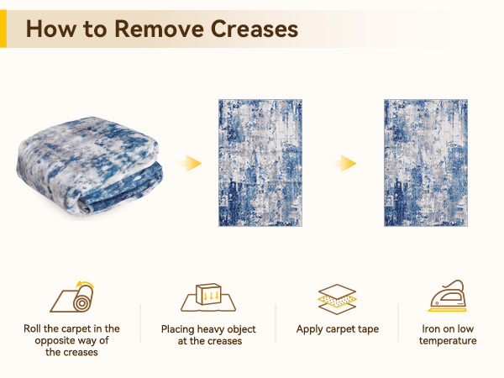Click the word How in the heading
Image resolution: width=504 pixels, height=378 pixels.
[52, 29]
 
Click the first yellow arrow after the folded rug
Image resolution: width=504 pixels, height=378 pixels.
[193, 162]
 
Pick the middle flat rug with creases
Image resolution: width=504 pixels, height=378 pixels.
[260, 162]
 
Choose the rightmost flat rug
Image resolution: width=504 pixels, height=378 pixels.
[426, 162]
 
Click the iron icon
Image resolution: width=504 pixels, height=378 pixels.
[448, 297]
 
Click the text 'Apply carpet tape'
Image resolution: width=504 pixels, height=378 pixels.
[338, 329]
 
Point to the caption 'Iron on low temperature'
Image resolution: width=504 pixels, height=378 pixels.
[448, 334]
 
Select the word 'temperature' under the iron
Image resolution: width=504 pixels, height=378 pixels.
[448, 341]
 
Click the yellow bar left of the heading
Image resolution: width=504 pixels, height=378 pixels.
[3, 29]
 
